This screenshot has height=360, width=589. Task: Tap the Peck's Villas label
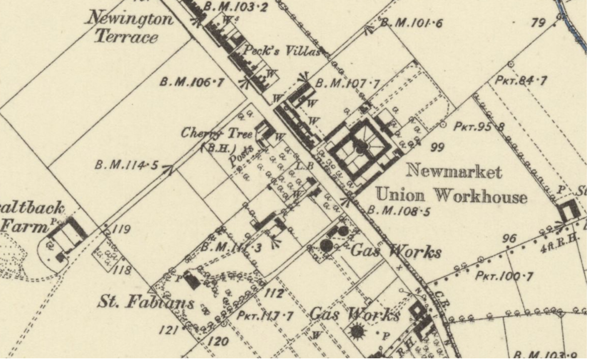pyautogui.click(x=281, y=51)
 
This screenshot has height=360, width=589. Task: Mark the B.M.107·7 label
pyautogui.click(x=347, y=83)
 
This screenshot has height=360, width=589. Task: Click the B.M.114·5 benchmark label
pyautogui.click(x=127, y=165)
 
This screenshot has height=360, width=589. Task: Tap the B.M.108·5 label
pyautogui.click(x=398, y=210)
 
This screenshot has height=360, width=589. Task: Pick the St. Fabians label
pyautogui.click(x=146, y=302)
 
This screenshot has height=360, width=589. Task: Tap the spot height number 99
pyautogui.click(x=437, y=147)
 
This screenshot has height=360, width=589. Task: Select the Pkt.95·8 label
pyautogui.click(x=479, y=126)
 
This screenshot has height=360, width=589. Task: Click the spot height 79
pyautogui.click(x=538, y=22)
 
